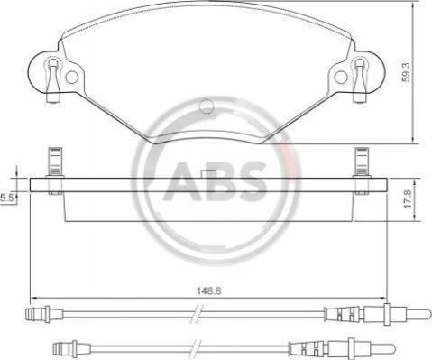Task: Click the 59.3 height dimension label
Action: pos(407,72)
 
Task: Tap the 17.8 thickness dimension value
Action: pos(408,200)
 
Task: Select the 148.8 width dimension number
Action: pos(209,291)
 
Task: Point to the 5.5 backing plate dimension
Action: pos(6,198)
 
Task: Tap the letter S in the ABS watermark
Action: pos(252,181)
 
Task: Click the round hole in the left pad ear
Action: pos(72,78)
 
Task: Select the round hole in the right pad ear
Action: pos(341,78)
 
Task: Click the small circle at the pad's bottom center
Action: pos(207,106)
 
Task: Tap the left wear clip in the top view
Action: pos(53,79)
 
